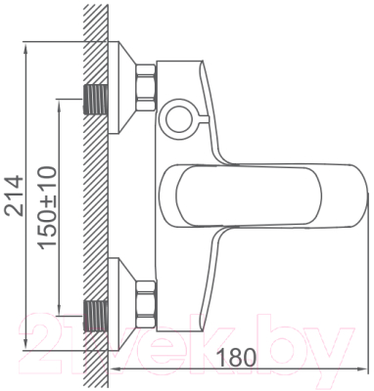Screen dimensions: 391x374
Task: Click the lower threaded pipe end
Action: [x=96, y=314]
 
